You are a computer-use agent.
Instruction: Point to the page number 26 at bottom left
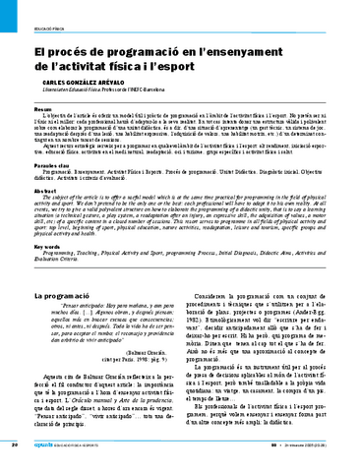[15, 444]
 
